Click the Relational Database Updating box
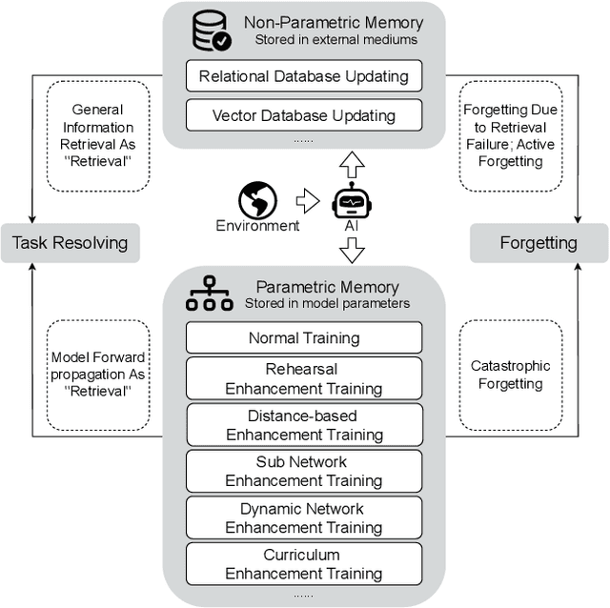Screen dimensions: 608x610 [x=303, y=76]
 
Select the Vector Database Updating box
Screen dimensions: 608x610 [x=303, y=116]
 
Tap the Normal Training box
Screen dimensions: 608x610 [x=303, y=337]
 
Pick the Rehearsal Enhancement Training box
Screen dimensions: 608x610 [x=303, y=378]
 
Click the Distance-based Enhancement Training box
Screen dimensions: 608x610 [x=303, y=425]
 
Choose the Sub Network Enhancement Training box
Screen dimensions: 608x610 [x=303, y=471]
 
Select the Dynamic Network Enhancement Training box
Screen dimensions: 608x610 [x=303, y=517]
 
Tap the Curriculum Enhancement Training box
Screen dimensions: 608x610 [x=303, y=564]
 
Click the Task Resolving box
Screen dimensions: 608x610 [x=70, y=243]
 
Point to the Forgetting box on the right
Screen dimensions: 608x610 [x=539, y=243]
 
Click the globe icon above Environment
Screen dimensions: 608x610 [x=257, y=200]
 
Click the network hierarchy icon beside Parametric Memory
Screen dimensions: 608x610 [x=208, y=295]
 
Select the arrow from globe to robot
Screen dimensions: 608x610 [x=305, y=201]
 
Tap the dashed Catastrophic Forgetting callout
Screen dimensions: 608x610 [x=511, y=375]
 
